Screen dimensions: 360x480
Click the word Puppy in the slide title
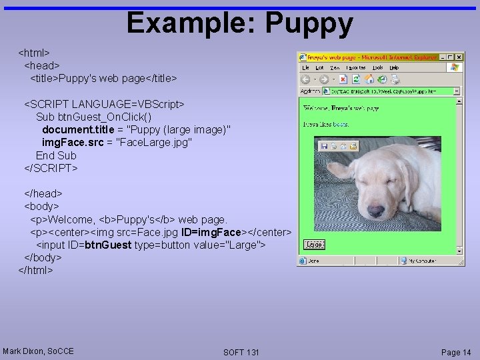point(309,23)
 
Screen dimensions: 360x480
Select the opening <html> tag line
point(35,52)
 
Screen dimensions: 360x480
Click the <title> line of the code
point(103,79)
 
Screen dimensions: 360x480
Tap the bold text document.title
point(77,129)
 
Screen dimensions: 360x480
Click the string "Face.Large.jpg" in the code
point(154,143)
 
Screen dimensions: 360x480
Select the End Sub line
point(56,155)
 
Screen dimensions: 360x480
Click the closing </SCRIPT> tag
point(51,168)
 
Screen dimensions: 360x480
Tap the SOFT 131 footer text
point(241,352)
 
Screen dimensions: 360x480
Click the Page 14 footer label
point(456,352)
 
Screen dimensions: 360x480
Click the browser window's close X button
point(459,57)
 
